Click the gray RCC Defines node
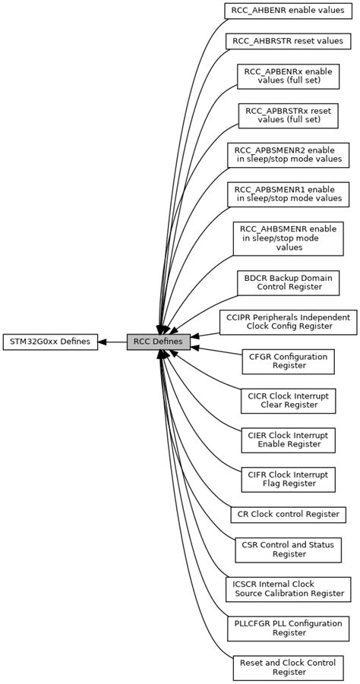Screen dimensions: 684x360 pos(158,342)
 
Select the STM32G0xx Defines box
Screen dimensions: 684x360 pos(49,342)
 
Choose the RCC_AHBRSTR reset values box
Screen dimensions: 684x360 pos(287,41)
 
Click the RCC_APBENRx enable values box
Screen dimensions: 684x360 pos(287,76)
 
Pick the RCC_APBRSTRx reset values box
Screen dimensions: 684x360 pos(287,115)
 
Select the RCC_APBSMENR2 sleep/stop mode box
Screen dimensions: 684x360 pos(287,155)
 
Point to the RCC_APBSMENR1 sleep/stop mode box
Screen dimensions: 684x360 pos(287,194)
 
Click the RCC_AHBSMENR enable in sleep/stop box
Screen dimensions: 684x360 pos(287,238)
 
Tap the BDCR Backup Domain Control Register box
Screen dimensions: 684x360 pos(287,282)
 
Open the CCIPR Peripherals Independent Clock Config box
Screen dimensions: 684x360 pos(287,322)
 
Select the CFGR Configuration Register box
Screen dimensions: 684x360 pos(287,361)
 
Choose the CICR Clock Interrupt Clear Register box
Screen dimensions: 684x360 pos(287,401)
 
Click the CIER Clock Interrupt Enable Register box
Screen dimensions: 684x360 pos(287,440)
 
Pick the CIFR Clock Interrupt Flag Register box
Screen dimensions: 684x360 pos(287,480)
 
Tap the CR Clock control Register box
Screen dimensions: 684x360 pos(287,515)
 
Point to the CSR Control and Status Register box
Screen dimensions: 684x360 pos(287,550)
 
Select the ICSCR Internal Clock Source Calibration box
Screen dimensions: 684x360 pos(287,589)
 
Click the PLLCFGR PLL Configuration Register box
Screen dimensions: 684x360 pos(287,629)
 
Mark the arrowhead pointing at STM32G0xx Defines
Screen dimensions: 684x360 pos(103,342)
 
